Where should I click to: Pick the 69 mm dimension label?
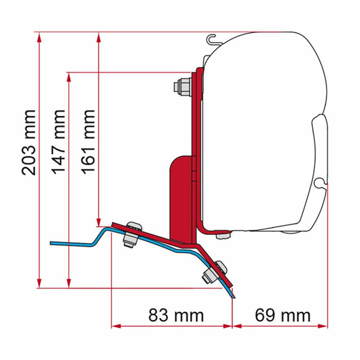click(282, 315)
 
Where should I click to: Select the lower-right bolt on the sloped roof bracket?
click(215, 271)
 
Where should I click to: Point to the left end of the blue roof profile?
click(52, 242)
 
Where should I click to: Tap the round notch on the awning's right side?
click(320, 182)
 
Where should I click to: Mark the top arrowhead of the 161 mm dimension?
click(98, 36)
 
